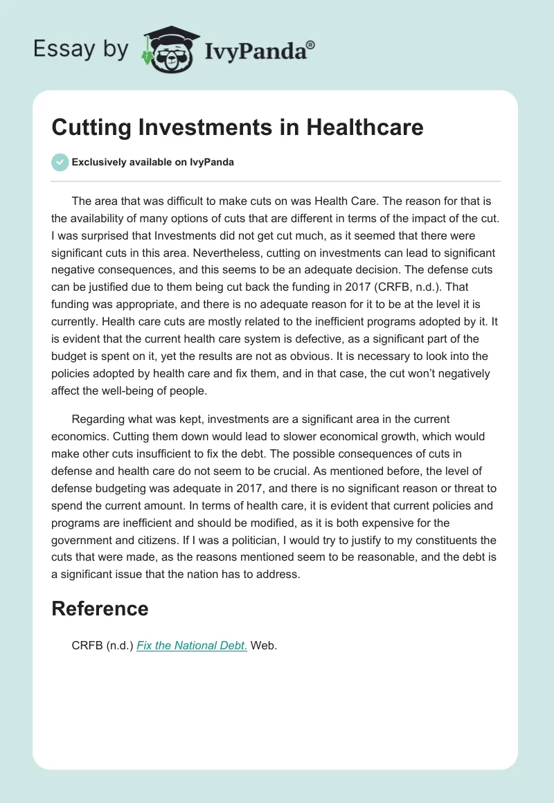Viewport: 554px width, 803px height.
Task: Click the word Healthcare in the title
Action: (365, 127)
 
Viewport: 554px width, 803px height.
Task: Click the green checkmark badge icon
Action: (60, 162)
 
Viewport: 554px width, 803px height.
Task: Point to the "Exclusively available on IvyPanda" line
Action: (152, 162)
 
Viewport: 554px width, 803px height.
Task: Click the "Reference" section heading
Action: (100, 608)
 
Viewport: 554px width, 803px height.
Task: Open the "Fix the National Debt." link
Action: (192, 645)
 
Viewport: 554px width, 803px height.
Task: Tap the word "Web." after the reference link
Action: (264, 645)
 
